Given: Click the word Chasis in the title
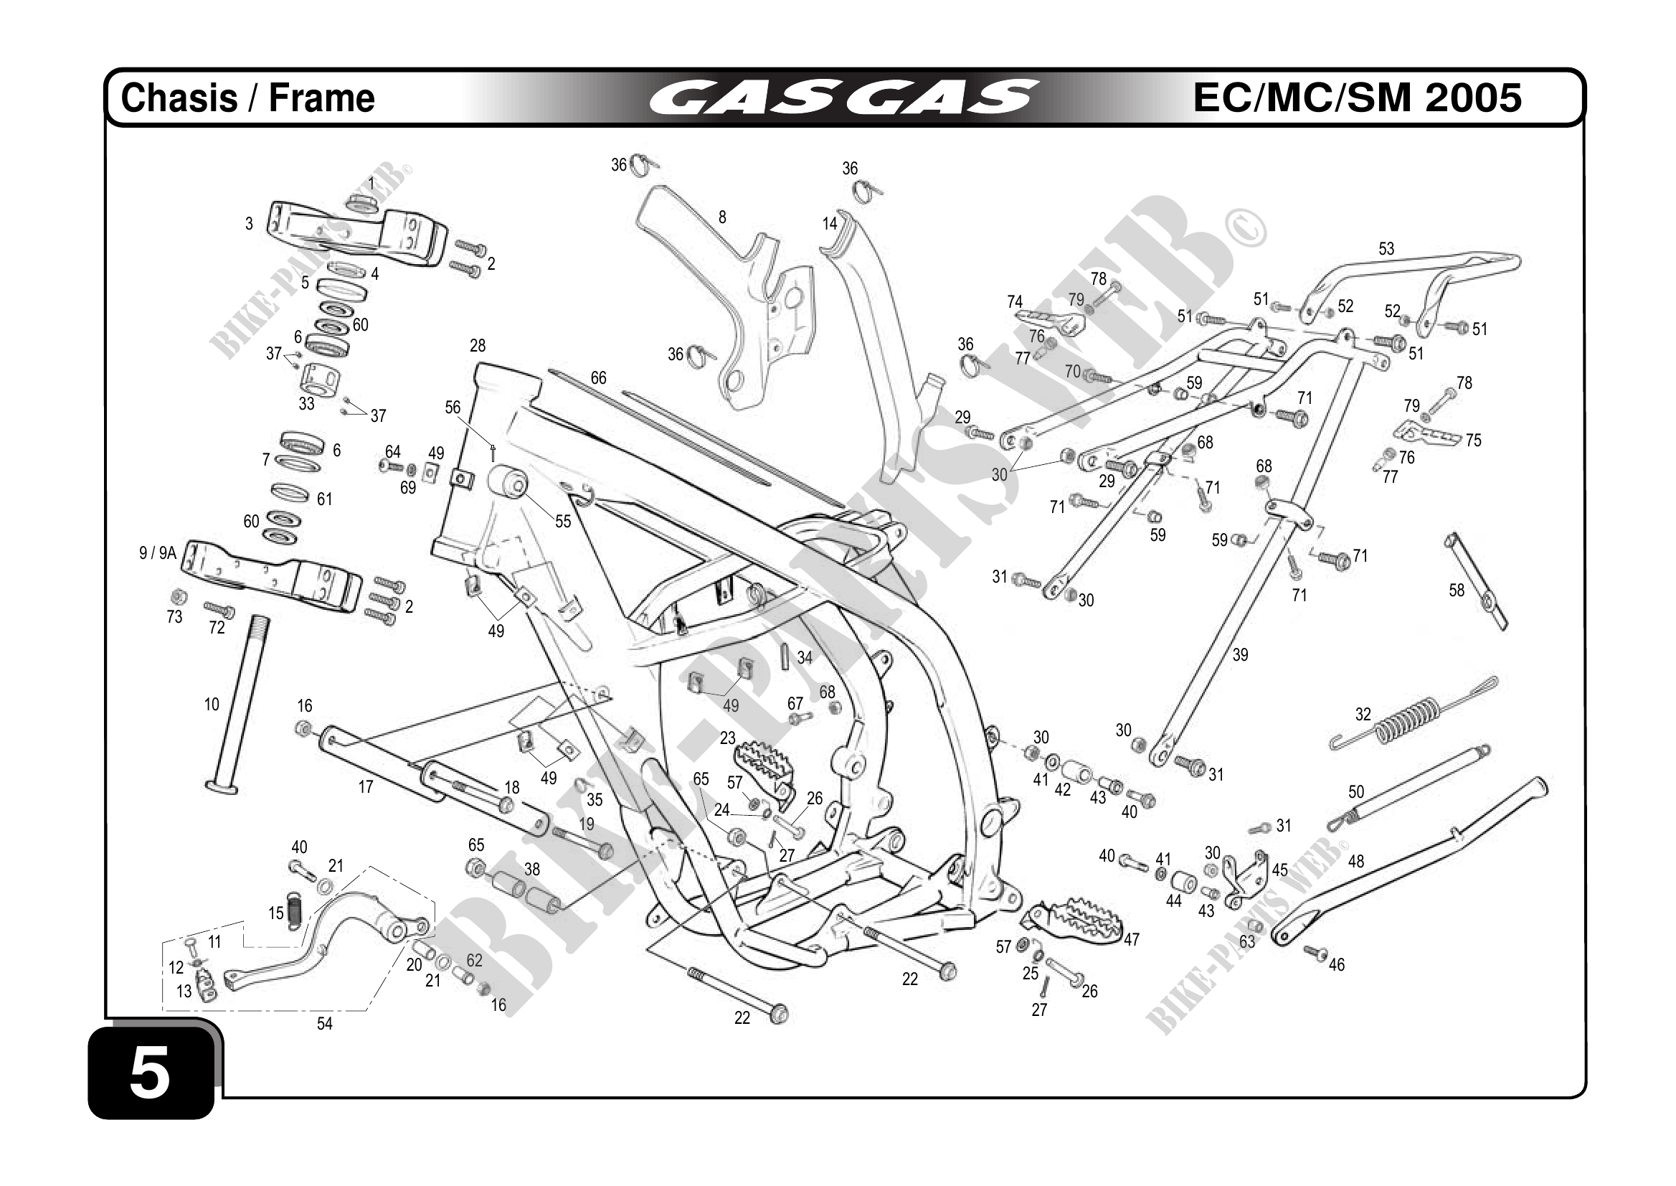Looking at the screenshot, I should (179, 98).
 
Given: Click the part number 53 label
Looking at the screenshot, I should (1386, 249).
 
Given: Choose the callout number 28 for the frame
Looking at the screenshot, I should (478, 345).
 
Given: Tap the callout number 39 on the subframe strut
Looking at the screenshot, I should (1239, 655).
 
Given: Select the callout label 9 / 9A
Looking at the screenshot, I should (158, 553).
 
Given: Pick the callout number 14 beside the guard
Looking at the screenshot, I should (829, 223).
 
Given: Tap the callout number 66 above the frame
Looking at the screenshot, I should (598, 378).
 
